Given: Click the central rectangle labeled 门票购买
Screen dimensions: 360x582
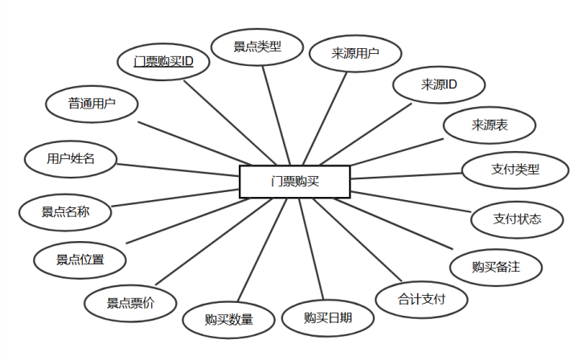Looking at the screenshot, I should [x=295, y=181].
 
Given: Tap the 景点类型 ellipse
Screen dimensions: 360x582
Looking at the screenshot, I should [x=257, y=47].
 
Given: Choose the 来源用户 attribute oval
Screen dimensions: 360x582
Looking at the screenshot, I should [x=355, y=54].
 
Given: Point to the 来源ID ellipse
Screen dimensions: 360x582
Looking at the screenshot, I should [x=439, y=84].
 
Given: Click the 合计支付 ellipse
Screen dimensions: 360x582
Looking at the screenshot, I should [x=422, y=300].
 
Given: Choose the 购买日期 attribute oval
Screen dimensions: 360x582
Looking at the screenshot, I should [x=328, y=317].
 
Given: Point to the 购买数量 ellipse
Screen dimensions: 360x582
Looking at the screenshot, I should [x=229, y=319].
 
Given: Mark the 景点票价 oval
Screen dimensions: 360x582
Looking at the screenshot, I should [x=131, y=303].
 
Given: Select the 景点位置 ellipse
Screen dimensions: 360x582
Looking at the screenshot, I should [x=80, y=260].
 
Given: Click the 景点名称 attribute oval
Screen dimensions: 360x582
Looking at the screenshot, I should [x=65, y=212].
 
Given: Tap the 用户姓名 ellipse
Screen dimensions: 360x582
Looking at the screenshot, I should [x=71, y=158].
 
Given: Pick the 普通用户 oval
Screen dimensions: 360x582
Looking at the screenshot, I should [x=92, y=104].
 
